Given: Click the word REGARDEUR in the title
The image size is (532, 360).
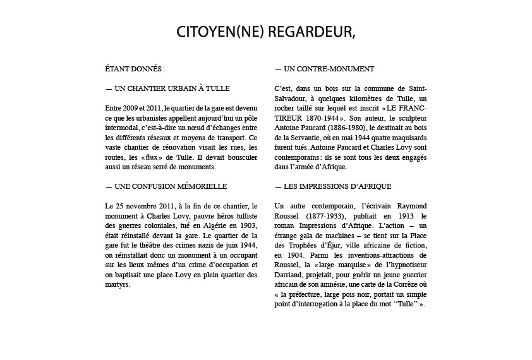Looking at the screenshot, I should click(x=308, y=32).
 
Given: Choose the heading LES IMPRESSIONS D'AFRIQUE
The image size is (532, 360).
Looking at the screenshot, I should click(x=333, y=186).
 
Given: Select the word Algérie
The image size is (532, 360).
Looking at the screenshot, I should click(x=212, y=225).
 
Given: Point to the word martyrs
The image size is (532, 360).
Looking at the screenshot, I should click(x=118, y=284).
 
